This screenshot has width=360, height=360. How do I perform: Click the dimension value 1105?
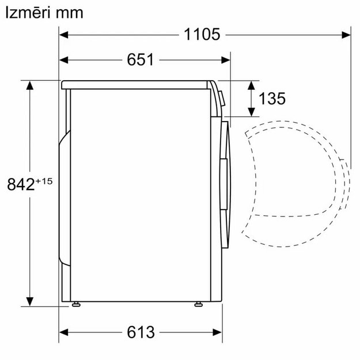pyautogui.click(x=202, y=35)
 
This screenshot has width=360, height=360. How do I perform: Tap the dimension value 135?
pyautogui.click(x=272, y=99)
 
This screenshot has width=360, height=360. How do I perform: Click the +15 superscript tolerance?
pyautogui.click(x=44, y=181)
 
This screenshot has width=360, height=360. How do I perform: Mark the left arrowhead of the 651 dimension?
pyautogui.click(x=65, y=59)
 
